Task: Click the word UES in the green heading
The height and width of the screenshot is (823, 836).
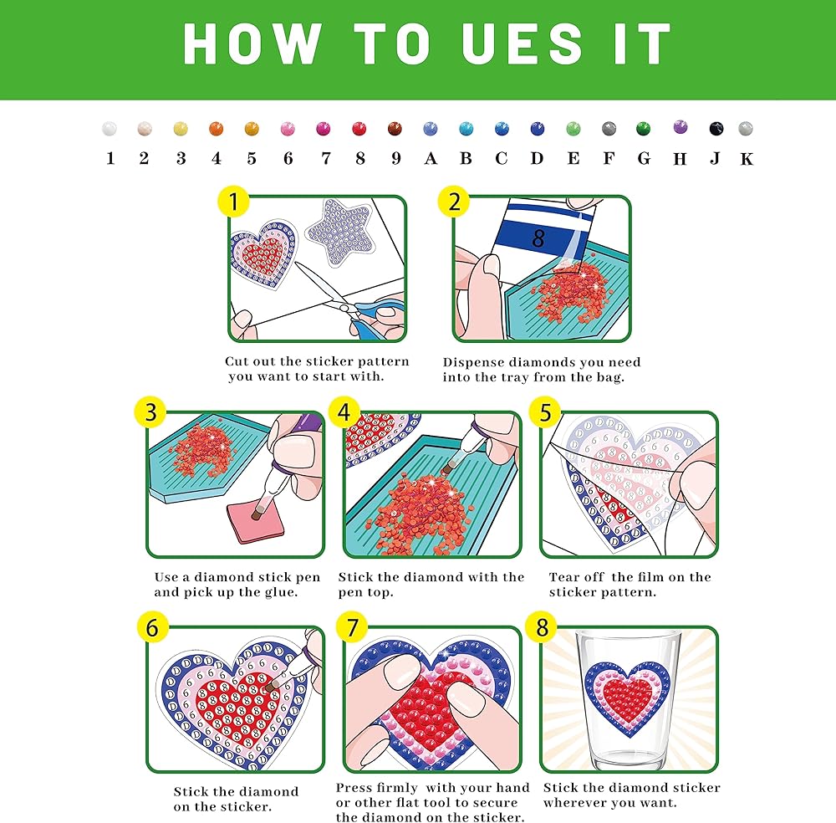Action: point(522,44)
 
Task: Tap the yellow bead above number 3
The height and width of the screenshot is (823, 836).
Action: point(181,129)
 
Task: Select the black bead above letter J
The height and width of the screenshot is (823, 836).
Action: point(716,129)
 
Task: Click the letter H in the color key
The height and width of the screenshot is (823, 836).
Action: point(680,159)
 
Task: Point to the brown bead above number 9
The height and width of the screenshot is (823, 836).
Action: point(395,129)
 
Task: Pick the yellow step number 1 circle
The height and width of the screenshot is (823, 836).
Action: point(233,202)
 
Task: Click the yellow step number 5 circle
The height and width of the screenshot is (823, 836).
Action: point(545,412)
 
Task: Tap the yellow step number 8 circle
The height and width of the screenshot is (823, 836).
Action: point(542,627)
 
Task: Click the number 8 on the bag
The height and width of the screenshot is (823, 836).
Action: point(538,238)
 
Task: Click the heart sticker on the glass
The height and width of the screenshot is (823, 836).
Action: point(627,697)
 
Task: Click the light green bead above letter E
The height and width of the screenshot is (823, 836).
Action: point(573,129)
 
